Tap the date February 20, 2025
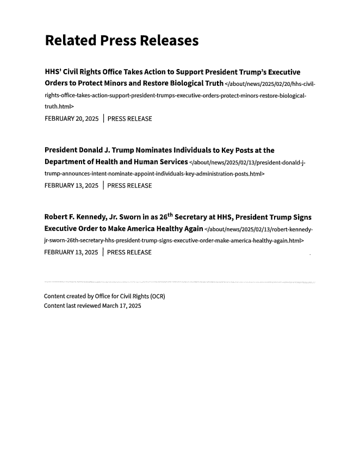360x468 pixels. (x=71, y=118)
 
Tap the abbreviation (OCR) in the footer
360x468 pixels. (x=157, y=297)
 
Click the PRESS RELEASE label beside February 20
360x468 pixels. (x=130, y=118)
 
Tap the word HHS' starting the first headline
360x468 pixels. (x=55, y=72)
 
